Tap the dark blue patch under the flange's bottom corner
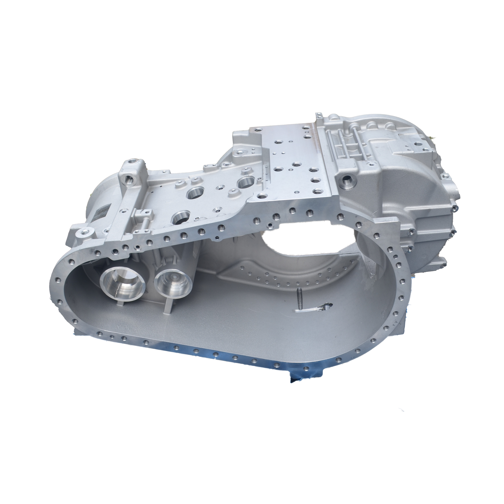[303, 379]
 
